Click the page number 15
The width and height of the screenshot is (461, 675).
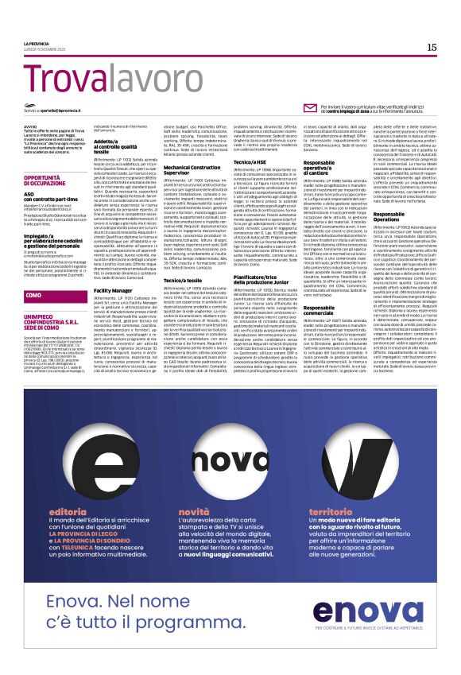432,47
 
